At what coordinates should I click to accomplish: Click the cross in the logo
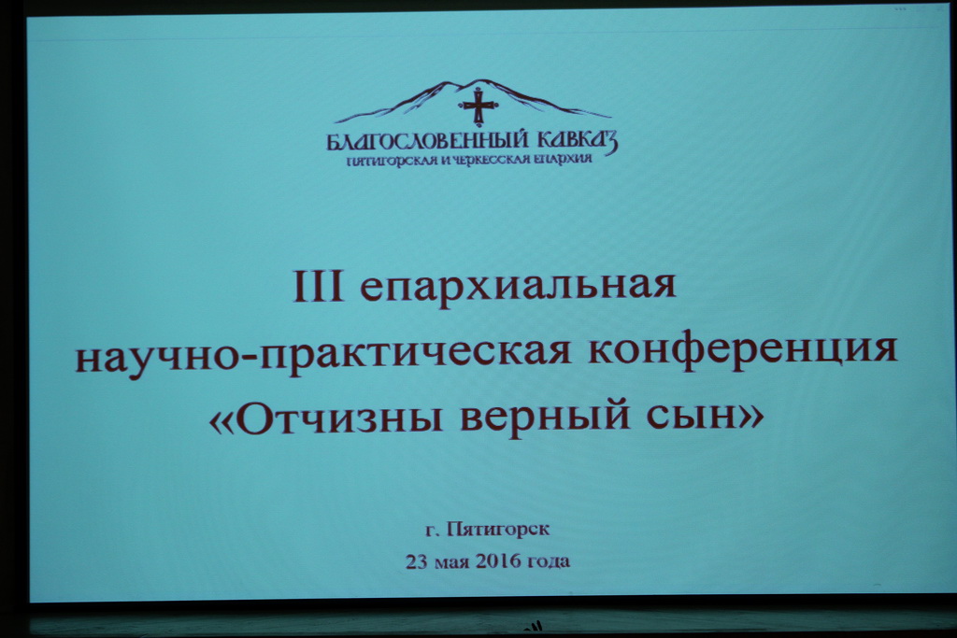point(478,106)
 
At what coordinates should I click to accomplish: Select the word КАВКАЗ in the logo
point(578,140)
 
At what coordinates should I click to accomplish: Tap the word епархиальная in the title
point(518,288)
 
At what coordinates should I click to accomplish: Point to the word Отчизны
point(338,419)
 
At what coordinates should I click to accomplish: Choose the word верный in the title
point(545,419)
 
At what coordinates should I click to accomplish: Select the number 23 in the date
point(417,561)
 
